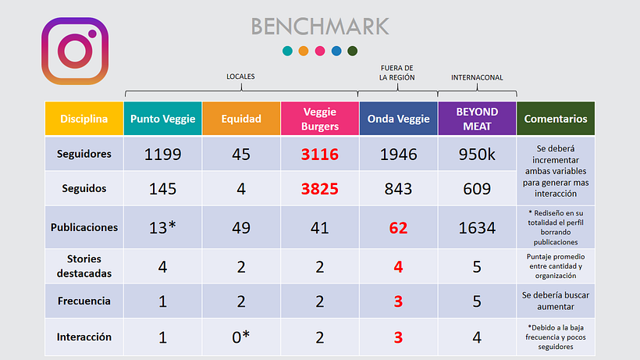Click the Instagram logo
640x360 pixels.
click(75, 51)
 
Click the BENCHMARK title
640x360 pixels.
click(320, 27)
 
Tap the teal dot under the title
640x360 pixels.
click(287, 51)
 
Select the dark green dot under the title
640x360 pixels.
click(352, 51)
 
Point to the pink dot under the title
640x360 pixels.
click(320, 51)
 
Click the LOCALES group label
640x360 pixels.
click(240, 77)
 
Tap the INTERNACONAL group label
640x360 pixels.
click(477, 77)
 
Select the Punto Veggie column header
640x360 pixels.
click(163, 119)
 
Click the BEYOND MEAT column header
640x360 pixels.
click(477, 119)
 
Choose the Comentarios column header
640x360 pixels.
click(556, 119)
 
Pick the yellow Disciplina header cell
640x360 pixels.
click(84, 119)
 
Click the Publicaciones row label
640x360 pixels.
click(84, 227)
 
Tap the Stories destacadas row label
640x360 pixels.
click(84, 266)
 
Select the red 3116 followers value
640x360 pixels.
click(320, 155)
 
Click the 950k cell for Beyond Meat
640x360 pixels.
click(477, 155)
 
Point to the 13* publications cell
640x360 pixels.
click(163, 227)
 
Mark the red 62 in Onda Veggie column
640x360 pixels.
click(398, 228)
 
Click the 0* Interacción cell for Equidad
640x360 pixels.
click(241, 337)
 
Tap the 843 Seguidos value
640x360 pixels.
click(398, 189)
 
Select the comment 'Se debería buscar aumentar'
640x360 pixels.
click(556, 301)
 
